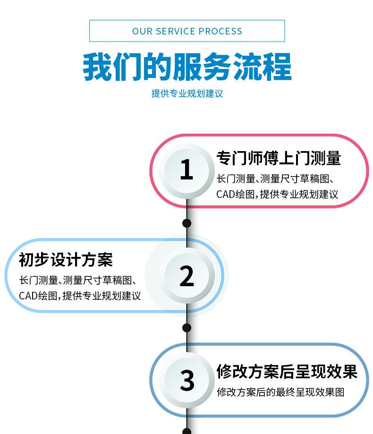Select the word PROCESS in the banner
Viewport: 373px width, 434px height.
pyautogui.click(x=220, y=31)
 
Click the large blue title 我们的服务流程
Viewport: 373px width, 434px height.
pyautogui.click(x=187, y=67)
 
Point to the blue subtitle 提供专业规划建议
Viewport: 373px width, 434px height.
pyautogui.click(x=187, y=94)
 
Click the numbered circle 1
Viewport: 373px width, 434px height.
pyautogui.click(x=187, y=170)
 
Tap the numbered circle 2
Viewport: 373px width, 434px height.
pyautogui.click(x=187, y=276)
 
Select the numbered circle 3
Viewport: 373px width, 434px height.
pyautogui.click(x=187, y=380)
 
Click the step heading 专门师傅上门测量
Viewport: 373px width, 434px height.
pyautogui.click(x=279, y=158)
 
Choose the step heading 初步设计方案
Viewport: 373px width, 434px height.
pyautogui.click(x=66, y=260)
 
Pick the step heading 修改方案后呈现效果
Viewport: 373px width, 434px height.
pyautogui.click(x=287, y=372)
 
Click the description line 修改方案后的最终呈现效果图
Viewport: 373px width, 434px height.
pyautogui.click(x=280, y=392)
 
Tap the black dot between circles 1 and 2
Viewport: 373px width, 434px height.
pyautogui.click(x=187, y=223)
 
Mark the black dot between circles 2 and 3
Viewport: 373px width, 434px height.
pyautogui.click(x=187, y=328)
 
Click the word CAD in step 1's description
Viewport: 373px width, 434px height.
pyautogui.click(x=226, y=194)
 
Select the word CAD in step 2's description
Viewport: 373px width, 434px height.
pyautogui.click(x=28, y=296)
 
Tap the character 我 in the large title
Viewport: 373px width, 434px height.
pyautogui.click(x=98, y=67)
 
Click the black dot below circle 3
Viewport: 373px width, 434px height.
pyautogui.click(x=187, y=431)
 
